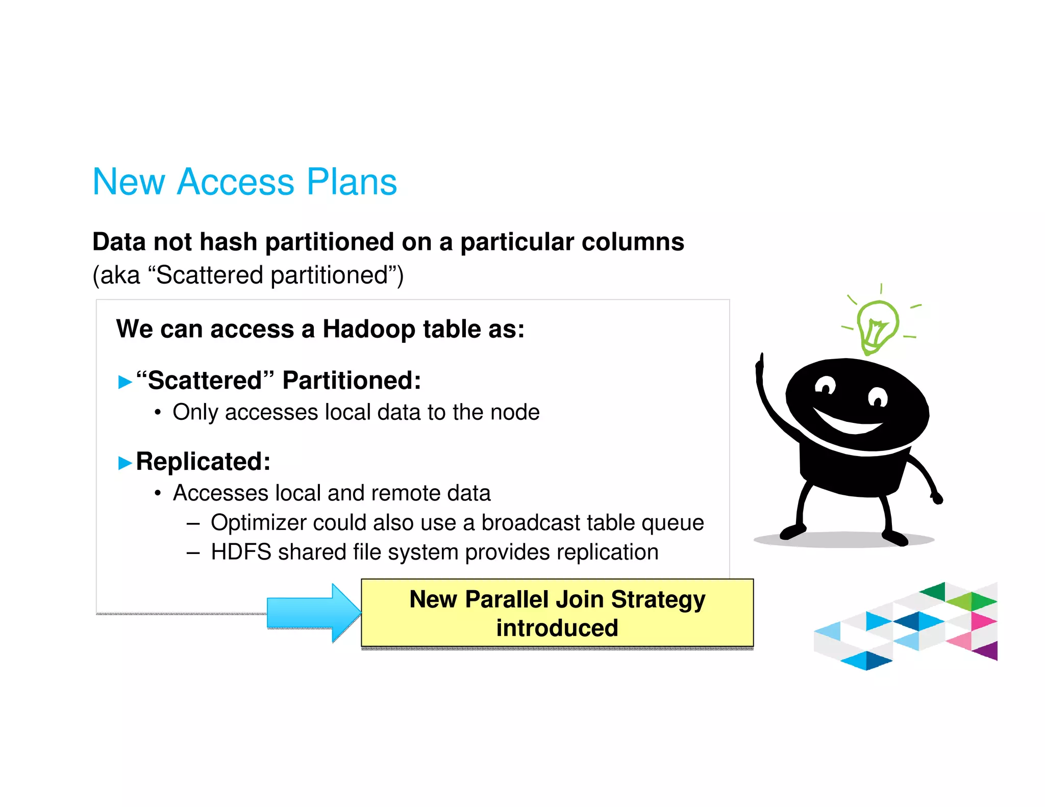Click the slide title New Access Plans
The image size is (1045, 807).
(244, 182)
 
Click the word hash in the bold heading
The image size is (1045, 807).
(228, 242)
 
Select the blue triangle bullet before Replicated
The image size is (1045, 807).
(125, 463)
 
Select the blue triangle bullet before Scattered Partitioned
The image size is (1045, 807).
(125, 382)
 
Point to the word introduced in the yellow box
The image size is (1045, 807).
(557, 628)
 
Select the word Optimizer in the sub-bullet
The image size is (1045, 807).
(258, 523)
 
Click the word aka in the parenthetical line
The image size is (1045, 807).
(120, 275)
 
